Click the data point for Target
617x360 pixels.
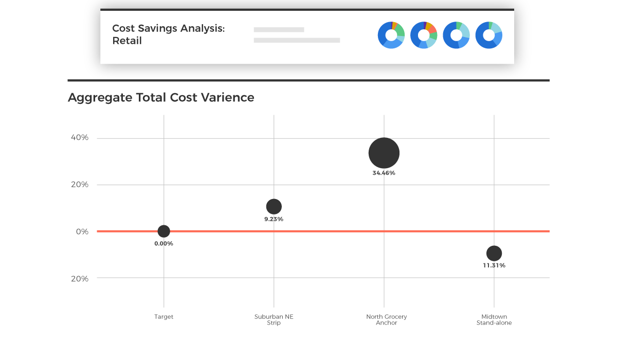pos(164,231)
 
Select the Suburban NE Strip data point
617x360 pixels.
pos(274,207)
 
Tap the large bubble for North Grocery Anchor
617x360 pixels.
pos(384,153)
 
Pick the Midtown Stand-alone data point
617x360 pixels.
pos(494,253)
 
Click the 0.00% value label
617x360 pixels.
pos(164,244)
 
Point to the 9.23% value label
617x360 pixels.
pos(274,219)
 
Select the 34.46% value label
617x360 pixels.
pos(384,173)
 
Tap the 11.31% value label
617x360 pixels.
pos(494,266)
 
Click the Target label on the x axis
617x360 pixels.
pos(164,317)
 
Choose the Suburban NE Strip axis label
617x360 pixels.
pos(274,320)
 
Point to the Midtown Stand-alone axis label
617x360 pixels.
pos(494,320)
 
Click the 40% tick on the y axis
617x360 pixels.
pos(80,138)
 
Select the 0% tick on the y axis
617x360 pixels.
pos(82,231)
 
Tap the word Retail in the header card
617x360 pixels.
pos(127,41)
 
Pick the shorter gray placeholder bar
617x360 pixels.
pos(279,30)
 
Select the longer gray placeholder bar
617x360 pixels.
pos(297,40)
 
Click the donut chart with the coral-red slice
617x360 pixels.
pos(424,35)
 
